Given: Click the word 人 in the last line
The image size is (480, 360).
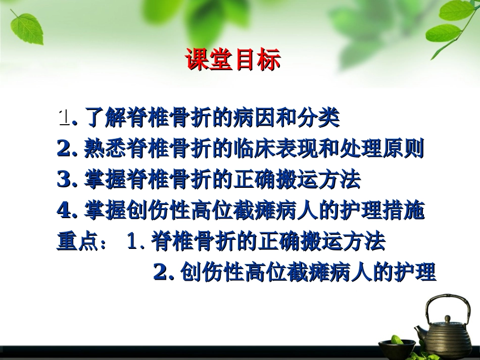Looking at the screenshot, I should pos(360,273).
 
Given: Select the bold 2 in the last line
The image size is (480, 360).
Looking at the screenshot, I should pos(161,273).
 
